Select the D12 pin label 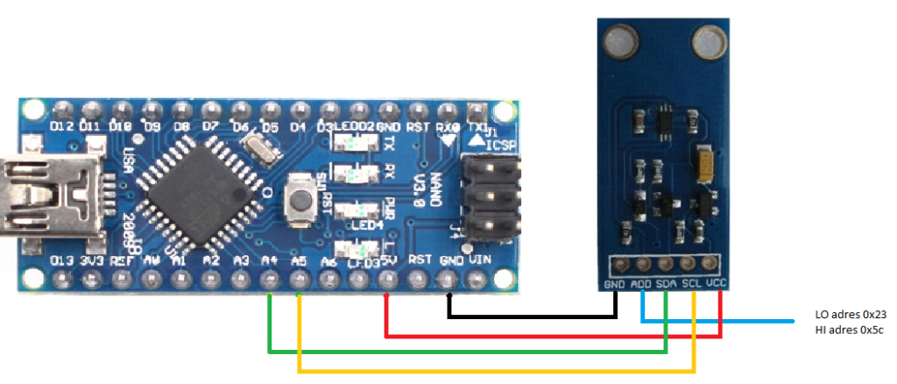pyautogui.click(x=61, y=127)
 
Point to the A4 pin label pyautogui.click(x=271, y=260)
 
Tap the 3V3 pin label pyautogui.click(x=91, y=260)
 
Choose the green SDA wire pyautogui.click(x=464, y=352)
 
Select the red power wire pyautogui.click(x=552, y=335)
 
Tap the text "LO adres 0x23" pyautogui.click(x=850, y=315)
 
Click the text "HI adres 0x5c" pyautogui.click(x=849, y=330)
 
